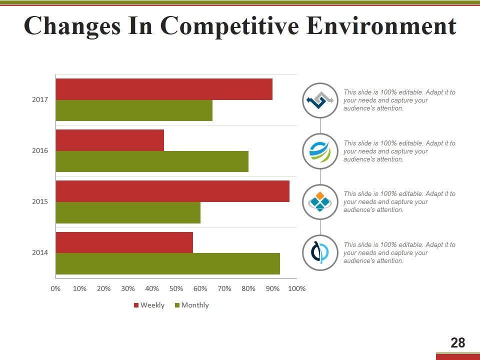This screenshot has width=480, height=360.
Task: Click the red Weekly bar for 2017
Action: [x=164, y=89]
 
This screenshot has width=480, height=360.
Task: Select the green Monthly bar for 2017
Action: [x=134, y=110]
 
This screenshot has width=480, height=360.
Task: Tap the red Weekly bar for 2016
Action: [x=110, y=140]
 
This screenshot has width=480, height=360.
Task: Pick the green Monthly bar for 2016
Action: [x=152, y=161]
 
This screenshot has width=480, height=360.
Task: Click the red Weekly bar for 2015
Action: [x=172, y=191]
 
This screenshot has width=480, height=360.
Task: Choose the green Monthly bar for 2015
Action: [x=128, y=212]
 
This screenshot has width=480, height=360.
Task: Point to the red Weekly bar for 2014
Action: [x=124, y=242]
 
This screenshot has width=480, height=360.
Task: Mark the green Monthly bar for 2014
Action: [x=167, y=263]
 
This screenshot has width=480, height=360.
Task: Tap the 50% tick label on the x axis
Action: [x=176, y=288]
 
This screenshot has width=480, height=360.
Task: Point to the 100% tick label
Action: [x=297, y=288]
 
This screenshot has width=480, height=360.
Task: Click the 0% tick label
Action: [x=55, y=288]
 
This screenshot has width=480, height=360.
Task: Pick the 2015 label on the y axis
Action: [x=40, y=202]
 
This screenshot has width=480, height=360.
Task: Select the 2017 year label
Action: [x=40, y=100]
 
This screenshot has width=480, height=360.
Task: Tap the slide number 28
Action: [x=457, y=343]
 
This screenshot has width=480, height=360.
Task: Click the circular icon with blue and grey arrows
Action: [x=320, y=100]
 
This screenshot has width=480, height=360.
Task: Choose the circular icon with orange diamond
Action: [x=320, y=202]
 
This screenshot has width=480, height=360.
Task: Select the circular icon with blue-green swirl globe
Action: [x=320, y=151]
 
